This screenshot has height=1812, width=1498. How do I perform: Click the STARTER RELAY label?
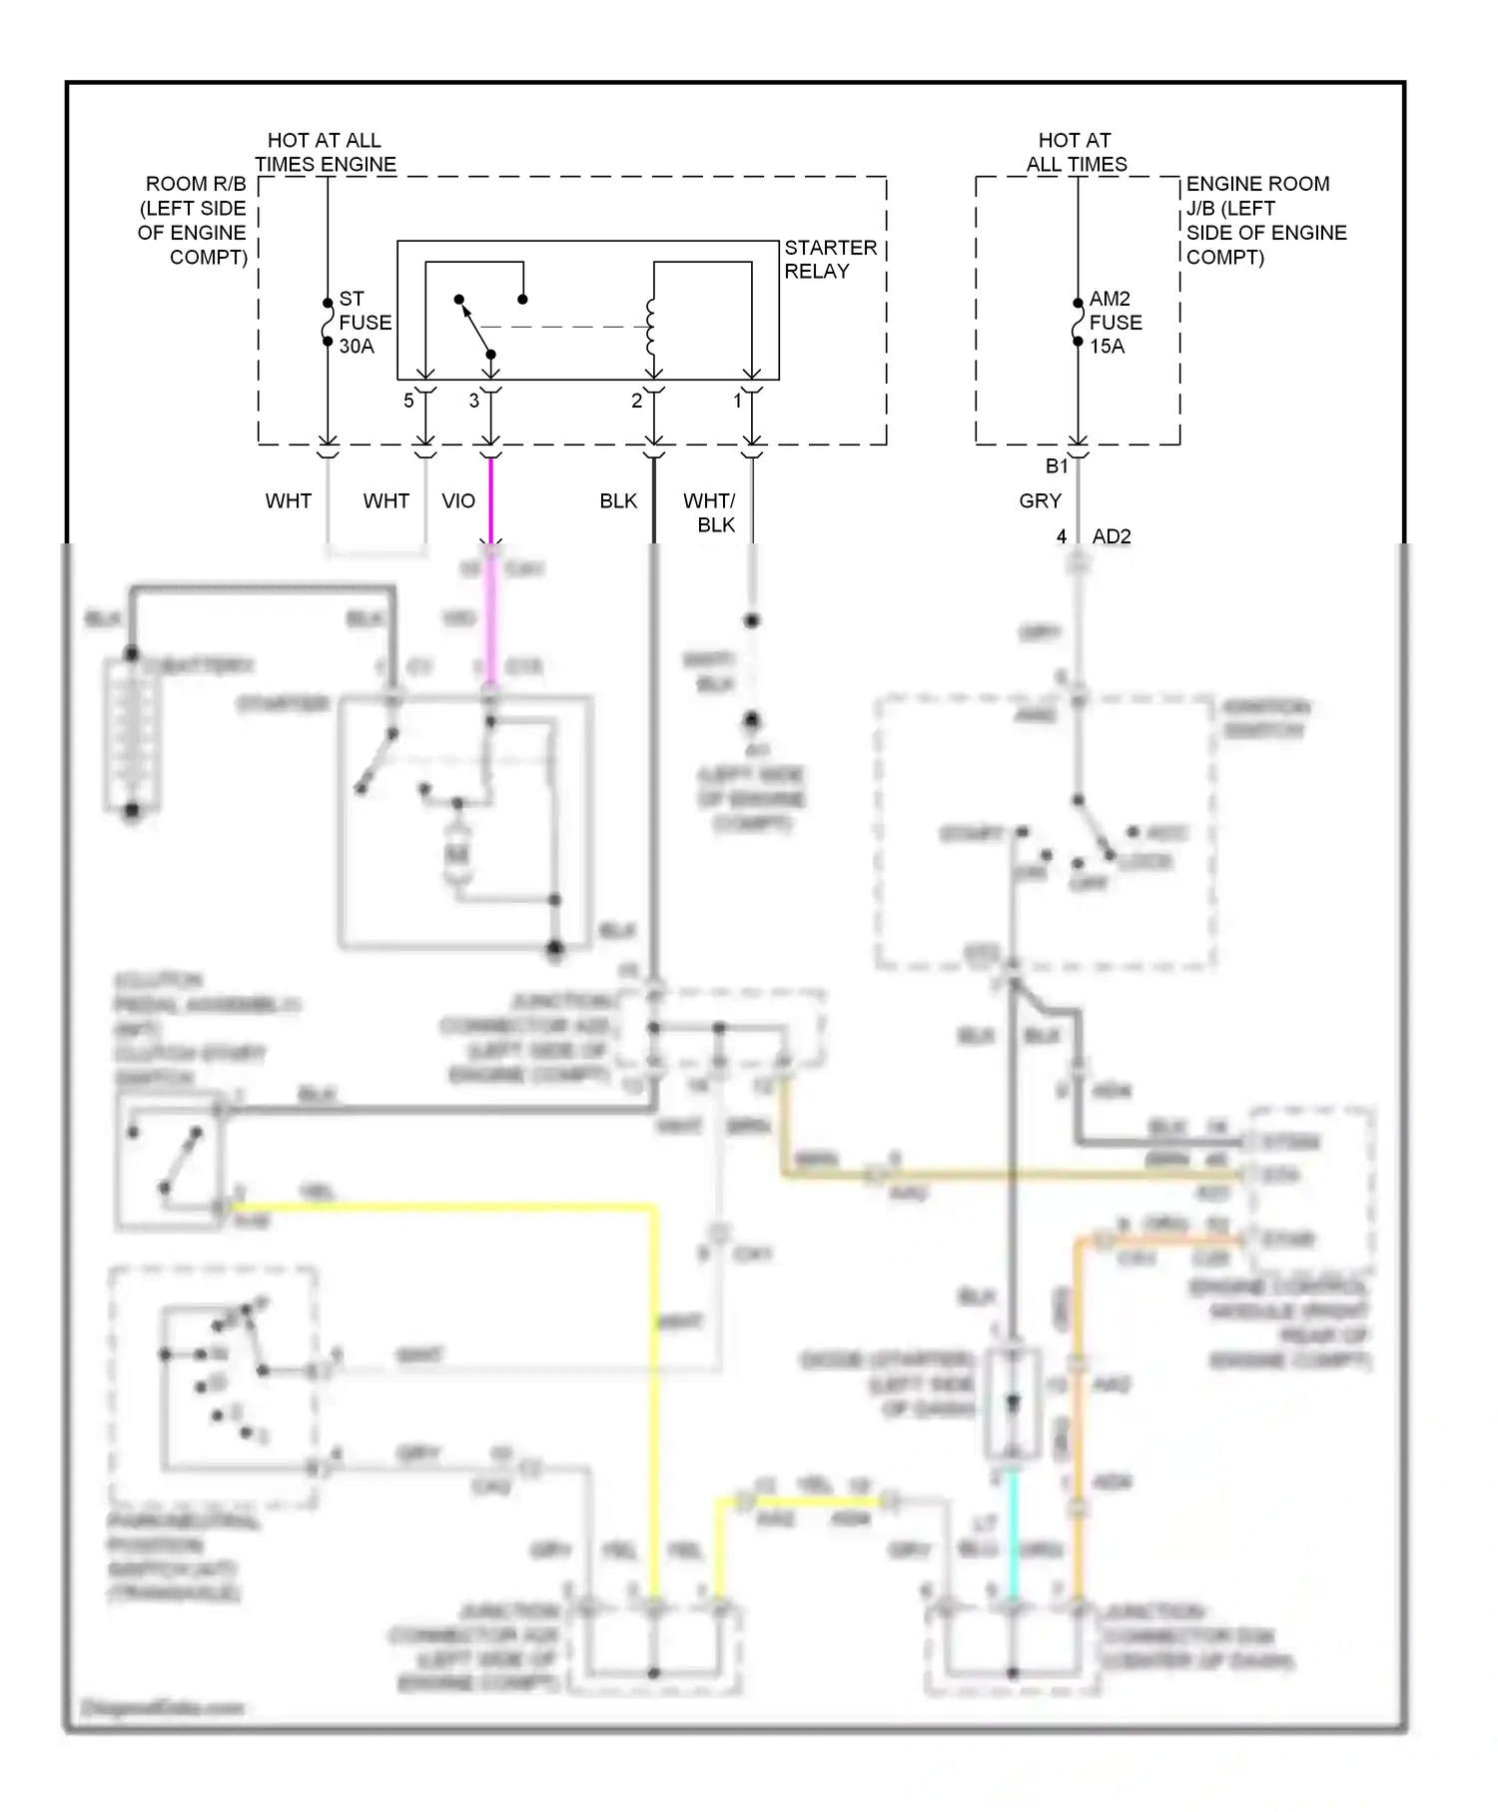pyautogui.click(x=830, y=259)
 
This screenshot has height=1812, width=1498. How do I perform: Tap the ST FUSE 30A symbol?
pyautogui.click(x=328, y=322)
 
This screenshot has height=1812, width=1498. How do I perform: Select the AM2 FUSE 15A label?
pyautogui.click(x=1115, y=322)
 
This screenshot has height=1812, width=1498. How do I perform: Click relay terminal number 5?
pyautogui.click(x=408, y=401)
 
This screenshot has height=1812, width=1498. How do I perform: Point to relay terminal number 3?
pyautogui.click(x=474, y=401)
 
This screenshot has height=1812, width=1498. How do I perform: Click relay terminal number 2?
pyautogui.click(x=636, y=401)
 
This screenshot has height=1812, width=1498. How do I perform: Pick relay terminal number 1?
pyautogui.click(x=738, y=401)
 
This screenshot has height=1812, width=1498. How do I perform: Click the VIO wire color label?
pyautogui.click(x=458, y=500)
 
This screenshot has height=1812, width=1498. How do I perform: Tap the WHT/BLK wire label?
pyautogui.click(x=710, y=512)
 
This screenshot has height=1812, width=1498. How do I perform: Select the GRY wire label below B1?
pyautogui.click(x=1040, y=500)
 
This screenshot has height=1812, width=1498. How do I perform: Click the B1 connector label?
pyautogui.click(x=1057, y=465)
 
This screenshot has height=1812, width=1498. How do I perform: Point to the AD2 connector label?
pyautogui.click(x=1112, y=536)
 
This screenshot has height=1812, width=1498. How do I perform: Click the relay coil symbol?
pyautogui.click(x=651, y=326)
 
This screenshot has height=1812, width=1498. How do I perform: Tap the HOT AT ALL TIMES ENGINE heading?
pyautogui.click(x=325, y=152)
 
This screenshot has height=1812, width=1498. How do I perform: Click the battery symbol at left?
pyautogui.click(x=132, y=736)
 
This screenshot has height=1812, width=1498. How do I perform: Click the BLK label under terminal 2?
pyautogui.click(x=618, y=500)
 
